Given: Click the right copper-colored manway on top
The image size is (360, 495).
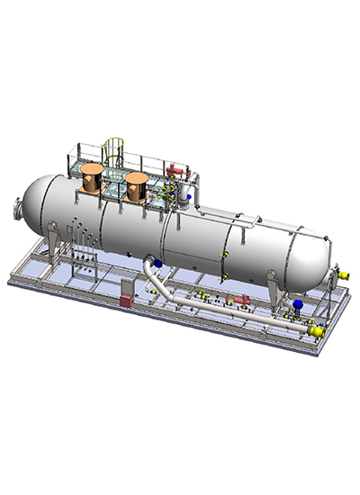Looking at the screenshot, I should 137,186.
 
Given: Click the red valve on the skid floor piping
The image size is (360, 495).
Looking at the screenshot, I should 239,300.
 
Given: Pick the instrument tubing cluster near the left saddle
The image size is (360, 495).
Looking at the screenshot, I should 83,247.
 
